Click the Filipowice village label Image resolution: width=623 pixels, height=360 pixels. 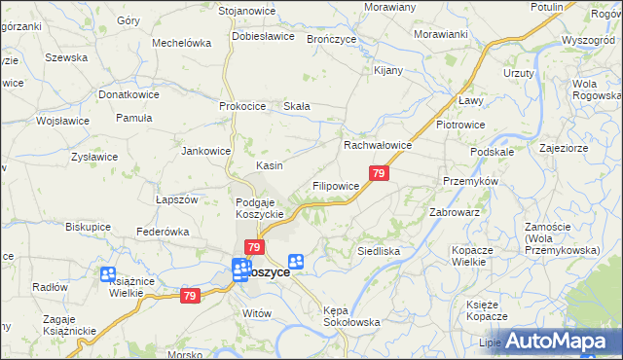(x=336, y=185)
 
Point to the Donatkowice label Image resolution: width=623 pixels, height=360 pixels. (x=129, y=95)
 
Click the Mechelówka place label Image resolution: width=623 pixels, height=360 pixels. (x=182, y=43)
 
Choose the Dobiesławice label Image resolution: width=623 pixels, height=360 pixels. (x=263, y=36)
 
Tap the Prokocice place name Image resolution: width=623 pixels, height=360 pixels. (x=244, y=106)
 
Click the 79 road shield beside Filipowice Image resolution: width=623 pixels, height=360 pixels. (x=380, y=173)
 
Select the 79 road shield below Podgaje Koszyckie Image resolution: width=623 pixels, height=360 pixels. (x=254, y=249)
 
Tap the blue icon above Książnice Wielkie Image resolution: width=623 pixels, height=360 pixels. (x=107, y=275)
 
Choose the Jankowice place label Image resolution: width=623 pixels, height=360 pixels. (x=206, y=151)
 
